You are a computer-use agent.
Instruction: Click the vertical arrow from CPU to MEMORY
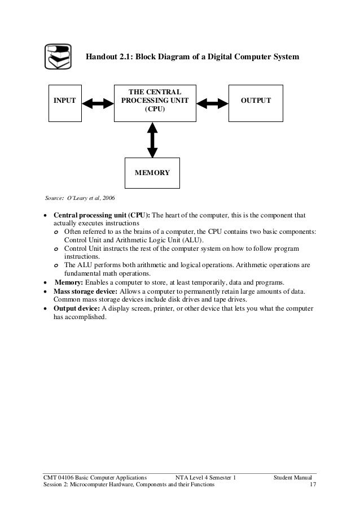click(152, 141)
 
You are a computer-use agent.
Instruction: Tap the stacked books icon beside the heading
click(58, 57)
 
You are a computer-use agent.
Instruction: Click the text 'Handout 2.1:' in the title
click(108, 58)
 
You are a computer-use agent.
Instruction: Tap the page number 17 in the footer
click(313, 485)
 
